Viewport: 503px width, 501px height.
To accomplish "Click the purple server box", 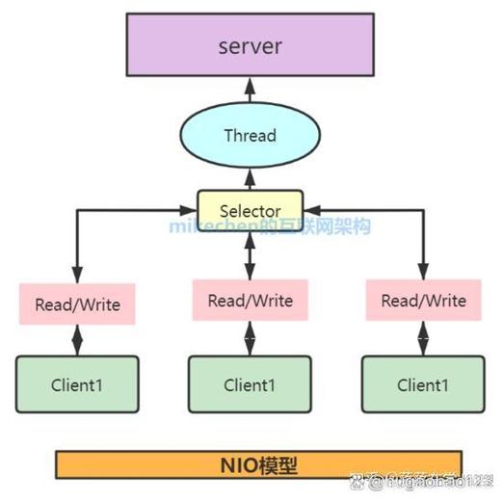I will tap(250, 45).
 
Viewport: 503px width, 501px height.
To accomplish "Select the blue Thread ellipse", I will tap(250, 136).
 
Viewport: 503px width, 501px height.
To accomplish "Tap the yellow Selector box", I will tap(250, 209).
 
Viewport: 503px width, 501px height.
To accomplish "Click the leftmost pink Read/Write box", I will tap(77, 303).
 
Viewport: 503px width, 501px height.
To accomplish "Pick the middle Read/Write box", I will tap(250, 300).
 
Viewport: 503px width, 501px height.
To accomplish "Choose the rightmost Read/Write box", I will tap(423, 300).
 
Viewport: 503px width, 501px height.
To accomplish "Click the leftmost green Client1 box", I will tap(77, 384).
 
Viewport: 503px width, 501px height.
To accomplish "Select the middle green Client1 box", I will tap(250, 384).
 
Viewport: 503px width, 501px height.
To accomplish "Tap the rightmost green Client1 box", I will tap(423, 384).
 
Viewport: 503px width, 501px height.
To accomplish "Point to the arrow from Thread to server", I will tap(250, 92).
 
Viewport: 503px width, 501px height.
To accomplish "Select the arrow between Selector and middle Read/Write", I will tap(250, 252).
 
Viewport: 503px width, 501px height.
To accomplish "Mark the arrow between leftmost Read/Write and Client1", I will tap(77, 339).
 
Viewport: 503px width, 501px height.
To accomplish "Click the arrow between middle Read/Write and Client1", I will tap(250, 337).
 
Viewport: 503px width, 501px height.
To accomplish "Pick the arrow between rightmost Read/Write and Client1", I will tap(423, 337).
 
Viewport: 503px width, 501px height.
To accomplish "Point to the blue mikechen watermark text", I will tap(270, 227).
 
